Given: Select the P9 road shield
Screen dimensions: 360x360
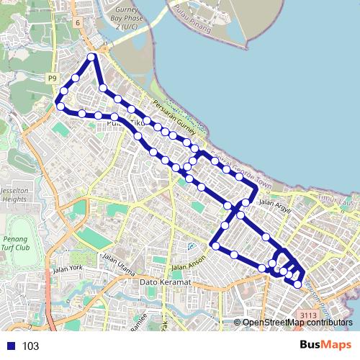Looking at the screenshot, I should (x=53, y=78).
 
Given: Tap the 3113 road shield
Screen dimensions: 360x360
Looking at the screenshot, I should (x=309, y=315).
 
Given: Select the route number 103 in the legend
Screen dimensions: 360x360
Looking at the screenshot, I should (x=30, y=346).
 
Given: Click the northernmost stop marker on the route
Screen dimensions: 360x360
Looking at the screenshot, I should (x=91, y=57).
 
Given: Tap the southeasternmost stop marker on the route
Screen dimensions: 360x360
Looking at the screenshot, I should (x=297, y=284).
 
